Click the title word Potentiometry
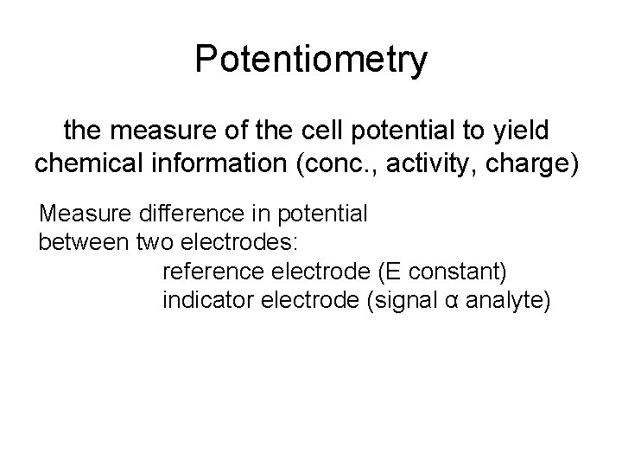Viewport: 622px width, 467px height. point(311,60)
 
